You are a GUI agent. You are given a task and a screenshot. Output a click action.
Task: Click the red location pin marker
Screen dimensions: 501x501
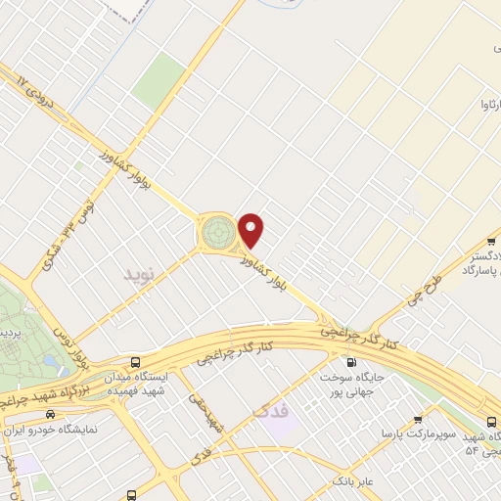click(x=252, y=230)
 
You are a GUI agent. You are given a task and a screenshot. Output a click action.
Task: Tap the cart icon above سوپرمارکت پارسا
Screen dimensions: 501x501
click(x=418, y=416)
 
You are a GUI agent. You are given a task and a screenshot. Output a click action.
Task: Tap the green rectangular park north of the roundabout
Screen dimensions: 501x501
click(x=159, y=81)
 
